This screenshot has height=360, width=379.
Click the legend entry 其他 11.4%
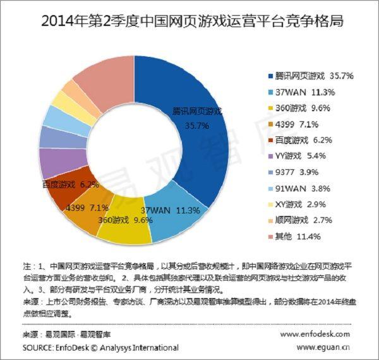(x=293, y=236)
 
